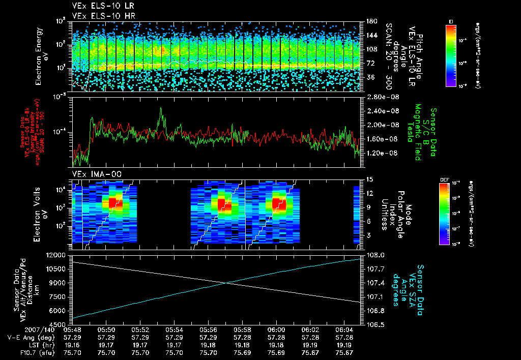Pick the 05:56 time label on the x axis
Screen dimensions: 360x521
[208, 329]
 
